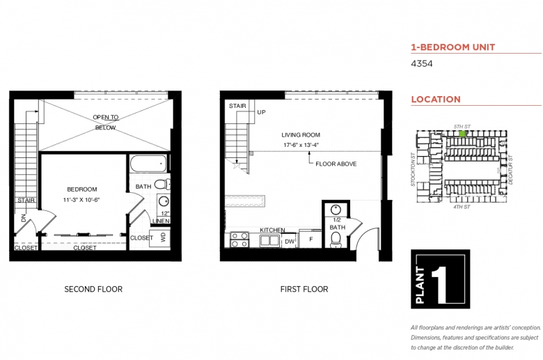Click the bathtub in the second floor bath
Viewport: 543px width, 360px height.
148,163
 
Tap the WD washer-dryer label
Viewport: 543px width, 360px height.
163,237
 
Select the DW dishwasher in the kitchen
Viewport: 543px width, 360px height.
290,242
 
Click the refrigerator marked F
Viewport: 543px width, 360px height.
310,239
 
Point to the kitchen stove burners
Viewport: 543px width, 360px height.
239,240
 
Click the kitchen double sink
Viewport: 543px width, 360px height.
270,241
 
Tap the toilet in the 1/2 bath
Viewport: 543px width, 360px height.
336,240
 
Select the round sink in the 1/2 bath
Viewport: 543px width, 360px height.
336,210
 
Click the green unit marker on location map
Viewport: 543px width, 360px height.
462,134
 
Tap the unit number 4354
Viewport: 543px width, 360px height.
421,64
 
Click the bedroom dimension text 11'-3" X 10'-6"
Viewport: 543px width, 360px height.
81,200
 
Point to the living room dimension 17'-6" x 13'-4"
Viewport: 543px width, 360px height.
301,145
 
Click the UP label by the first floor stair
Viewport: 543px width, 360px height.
261,112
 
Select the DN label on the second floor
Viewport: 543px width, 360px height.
23,218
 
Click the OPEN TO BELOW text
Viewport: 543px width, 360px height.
106,123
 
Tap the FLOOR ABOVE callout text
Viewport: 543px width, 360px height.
336,164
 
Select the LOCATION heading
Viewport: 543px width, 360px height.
436,100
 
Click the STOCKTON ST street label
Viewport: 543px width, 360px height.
412,170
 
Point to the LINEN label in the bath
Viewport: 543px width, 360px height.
161,221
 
